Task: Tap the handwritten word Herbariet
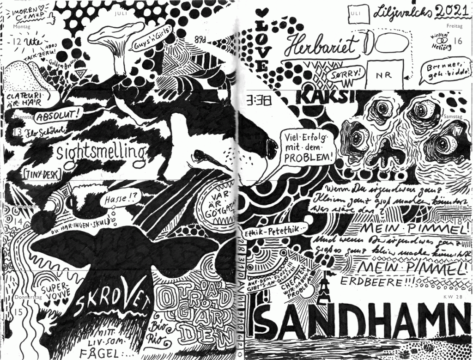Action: [x=322, y=45]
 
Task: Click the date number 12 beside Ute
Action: [x=18, y=42]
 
